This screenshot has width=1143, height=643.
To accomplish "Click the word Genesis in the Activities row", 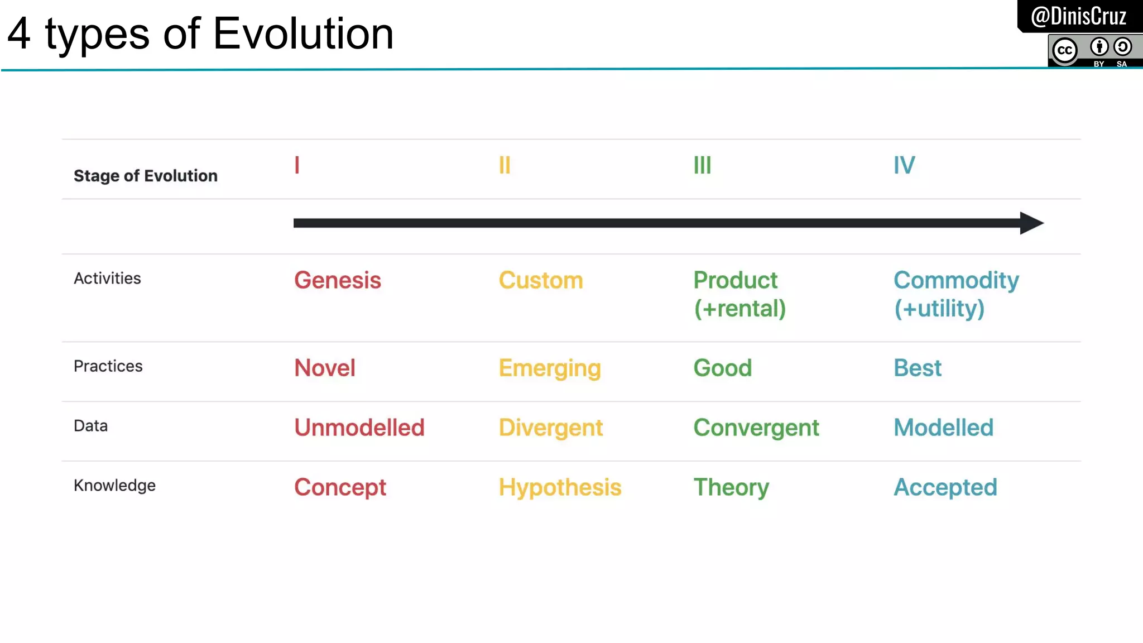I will (338, 280).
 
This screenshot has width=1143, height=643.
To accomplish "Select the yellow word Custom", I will (540, 280).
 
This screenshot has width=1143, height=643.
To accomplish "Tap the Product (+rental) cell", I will (739, 294).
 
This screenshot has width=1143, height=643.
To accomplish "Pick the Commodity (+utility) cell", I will (955, 294).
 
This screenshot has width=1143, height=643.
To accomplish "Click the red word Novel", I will (325, 368).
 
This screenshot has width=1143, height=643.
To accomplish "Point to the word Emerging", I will (549, 368).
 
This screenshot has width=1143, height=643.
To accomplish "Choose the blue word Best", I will (917, 368).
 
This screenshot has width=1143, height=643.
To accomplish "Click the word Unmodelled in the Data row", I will (359, 428).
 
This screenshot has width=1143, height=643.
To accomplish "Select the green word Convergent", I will (756, 428).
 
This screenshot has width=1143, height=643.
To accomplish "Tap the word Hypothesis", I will (560, 487).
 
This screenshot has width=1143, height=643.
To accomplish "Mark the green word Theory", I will (731, 487).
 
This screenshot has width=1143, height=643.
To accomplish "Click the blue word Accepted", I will (945, 487).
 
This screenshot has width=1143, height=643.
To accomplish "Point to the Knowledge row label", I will (114, 485).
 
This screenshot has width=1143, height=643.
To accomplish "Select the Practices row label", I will (108, 366).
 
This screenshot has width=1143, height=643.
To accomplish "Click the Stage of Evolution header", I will (146, 176).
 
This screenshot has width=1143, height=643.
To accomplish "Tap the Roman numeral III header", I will (702, 165).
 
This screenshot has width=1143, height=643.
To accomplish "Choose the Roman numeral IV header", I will (904, 165).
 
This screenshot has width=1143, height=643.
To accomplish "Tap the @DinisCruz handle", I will (1078, 16).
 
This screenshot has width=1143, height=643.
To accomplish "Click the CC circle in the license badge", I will (1064, 50).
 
